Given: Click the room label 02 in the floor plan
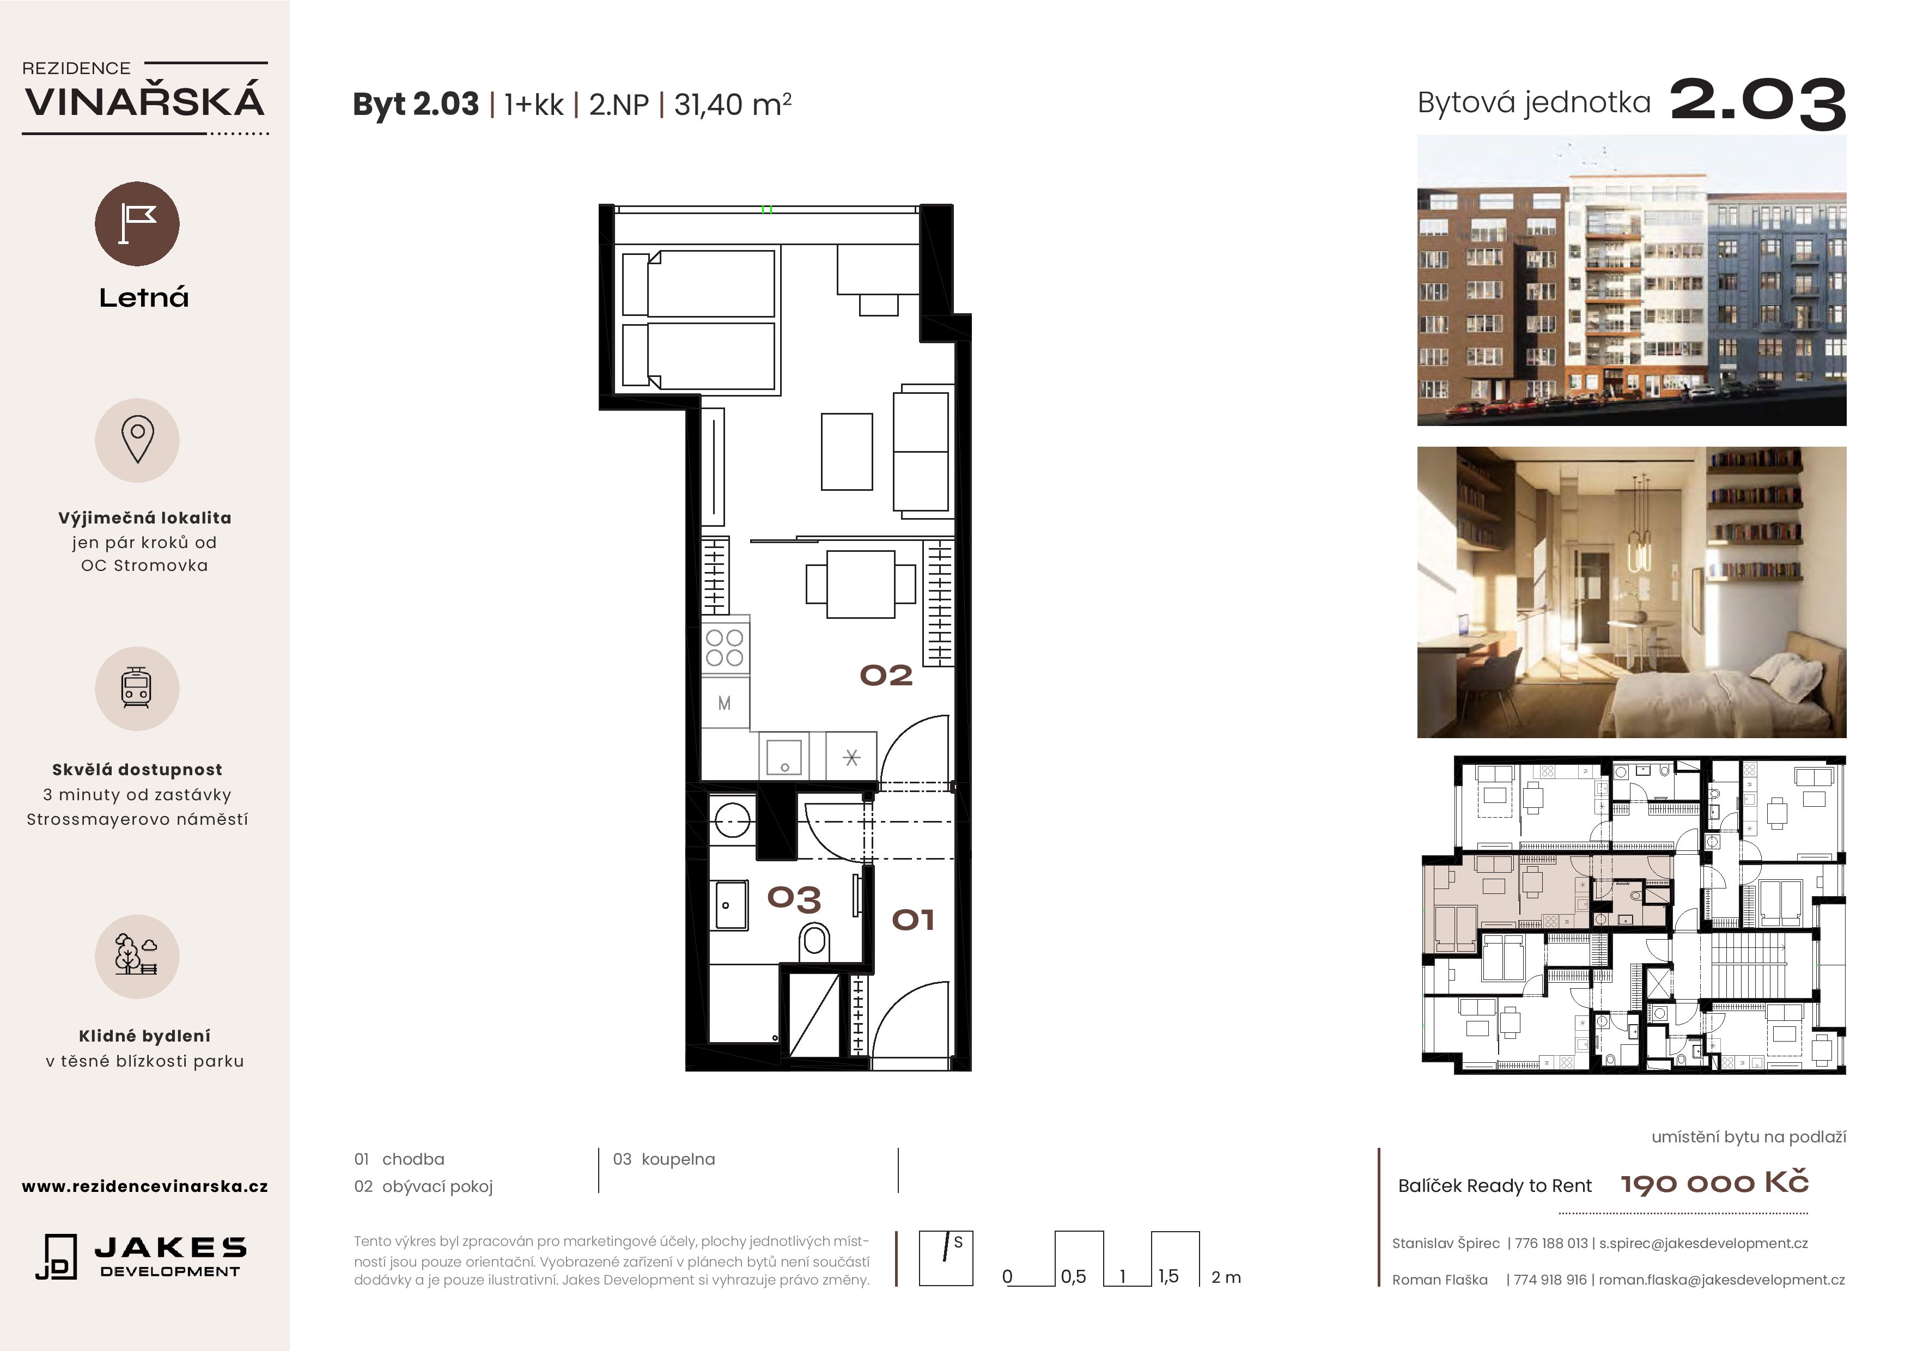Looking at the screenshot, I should (x=886, y=675).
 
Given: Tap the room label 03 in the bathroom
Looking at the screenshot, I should (x=794, y=899).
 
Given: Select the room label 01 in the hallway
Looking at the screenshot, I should (x=913, y=920).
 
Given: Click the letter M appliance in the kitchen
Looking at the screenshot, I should (x=724, y=703).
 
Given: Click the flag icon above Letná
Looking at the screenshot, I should (x=137, y=223).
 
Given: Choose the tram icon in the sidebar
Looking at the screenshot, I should (x=137, y=689).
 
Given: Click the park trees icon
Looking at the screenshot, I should (x=137, y=956).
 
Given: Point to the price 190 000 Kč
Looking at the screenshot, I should (x=1714, y=1183).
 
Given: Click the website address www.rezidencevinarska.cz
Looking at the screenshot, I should (x=145, y=1186).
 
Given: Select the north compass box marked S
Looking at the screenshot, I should (x=946, y=1258).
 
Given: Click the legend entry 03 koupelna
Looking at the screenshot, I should (x=664, y=1159).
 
